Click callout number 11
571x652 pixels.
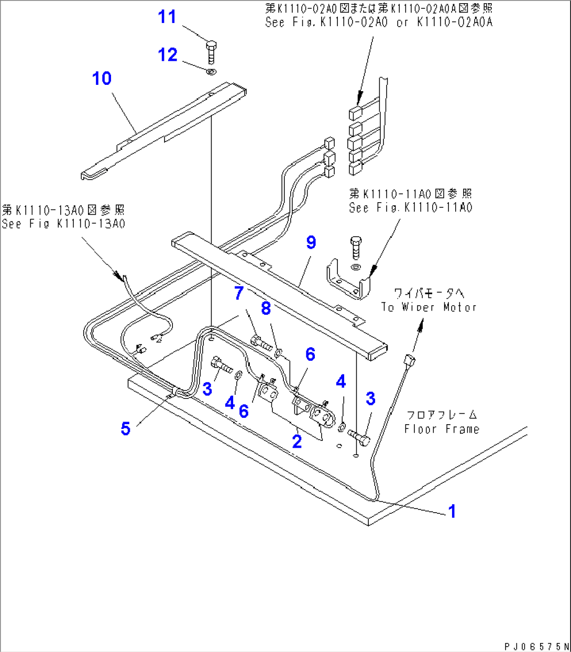pos(167,17)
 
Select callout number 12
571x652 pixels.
pos(168,54)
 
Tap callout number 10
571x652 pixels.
pos(102,79)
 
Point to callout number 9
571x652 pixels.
pos(311,242)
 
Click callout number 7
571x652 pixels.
pos(239,293)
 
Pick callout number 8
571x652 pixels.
pos(266,308)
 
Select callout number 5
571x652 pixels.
pos(125,428)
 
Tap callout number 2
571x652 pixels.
pos(297,441)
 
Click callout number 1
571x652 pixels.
pos(452,511)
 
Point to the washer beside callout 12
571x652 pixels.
pos(211,72)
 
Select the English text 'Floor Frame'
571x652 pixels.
pos(441,429)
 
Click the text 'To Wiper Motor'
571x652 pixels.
pos(429,307)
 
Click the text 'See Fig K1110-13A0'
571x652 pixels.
pos(63,224)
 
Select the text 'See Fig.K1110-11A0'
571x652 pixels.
pos(411,208)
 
